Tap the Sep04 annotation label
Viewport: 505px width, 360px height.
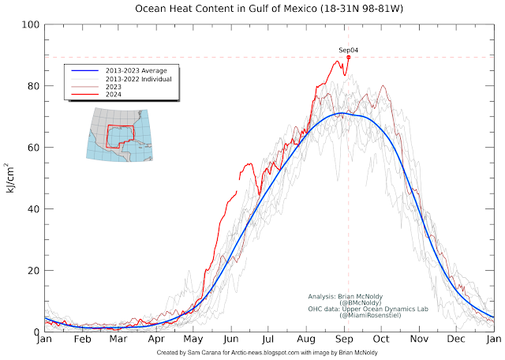point(348,50)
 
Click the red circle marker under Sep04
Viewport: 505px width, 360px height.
point(348,57)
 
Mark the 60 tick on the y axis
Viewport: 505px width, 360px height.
point(32,148)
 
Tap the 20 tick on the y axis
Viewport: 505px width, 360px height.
point(32,271)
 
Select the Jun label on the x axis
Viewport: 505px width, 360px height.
point(231,340)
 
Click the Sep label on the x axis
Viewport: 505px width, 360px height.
point(344,340)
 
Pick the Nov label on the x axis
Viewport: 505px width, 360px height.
point(419,340)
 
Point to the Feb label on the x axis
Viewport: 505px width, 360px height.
point(82,340)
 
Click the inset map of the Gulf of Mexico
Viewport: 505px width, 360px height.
point(118,135)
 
